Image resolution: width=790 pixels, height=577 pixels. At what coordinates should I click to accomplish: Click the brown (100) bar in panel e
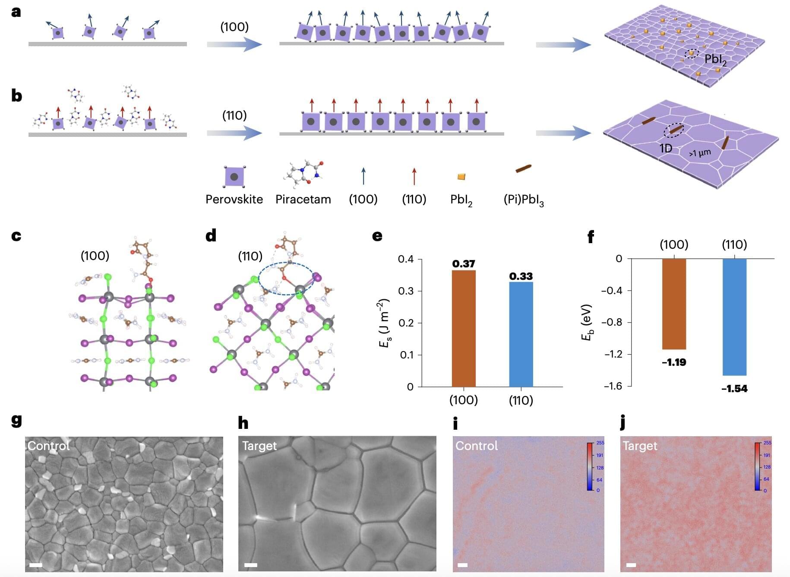pos(463,328)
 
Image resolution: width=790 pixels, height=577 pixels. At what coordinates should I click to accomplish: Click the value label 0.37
pos(463,263)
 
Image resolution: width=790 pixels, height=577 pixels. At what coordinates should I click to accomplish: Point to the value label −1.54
pos(734,389)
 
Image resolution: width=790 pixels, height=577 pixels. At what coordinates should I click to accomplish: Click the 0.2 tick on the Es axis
pos(406,323)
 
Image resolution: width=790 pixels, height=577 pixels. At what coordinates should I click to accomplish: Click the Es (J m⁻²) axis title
pos(384,323)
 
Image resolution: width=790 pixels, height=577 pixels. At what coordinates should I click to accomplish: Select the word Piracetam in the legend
pos(303,199)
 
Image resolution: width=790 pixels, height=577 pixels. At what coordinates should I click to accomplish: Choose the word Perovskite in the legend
pos(234,199)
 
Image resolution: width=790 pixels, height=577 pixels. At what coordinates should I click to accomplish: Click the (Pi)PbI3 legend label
pos(523,200)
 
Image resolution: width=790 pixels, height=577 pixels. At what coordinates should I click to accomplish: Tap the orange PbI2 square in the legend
pos(461,177)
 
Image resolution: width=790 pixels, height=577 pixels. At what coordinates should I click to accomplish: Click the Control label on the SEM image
pos(48,446)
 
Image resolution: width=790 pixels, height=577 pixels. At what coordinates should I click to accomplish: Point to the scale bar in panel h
pos(250,564)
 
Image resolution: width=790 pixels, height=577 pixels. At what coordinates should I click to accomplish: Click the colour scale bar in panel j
pos(757,466)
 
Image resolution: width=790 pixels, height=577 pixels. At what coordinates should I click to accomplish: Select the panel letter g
pos(16,420)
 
